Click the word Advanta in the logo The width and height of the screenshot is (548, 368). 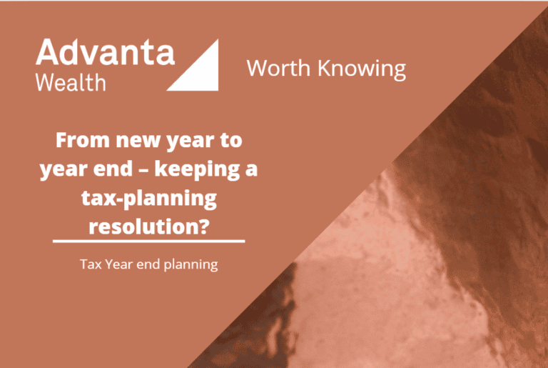coord(105,52)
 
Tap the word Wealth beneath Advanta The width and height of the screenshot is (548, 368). coord(71,83)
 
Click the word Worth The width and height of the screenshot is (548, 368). coord(278,68)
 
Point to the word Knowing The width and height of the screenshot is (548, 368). coord(362,69)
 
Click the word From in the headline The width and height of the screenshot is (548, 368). coord(83,140)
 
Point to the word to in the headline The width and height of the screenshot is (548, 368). coord(230,141)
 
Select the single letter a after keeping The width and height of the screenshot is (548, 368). coord(252,171)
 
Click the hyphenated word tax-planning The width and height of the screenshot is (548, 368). coord(149,199)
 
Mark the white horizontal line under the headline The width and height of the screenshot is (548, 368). coord(149,241)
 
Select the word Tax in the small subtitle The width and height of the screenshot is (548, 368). coord(91,264)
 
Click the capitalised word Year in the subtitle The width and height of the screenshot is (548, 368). coord(119,264)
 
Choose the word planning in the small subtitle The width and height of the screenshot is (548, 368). coord(191,265)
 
